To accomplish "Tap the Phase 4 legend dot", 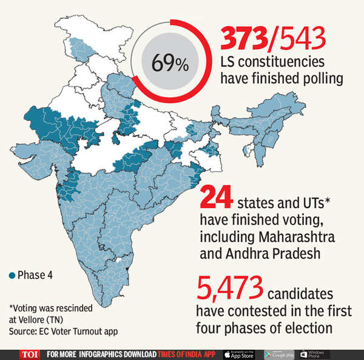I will pos(12,275).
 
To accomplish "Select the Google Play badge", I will pos(279,354).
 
